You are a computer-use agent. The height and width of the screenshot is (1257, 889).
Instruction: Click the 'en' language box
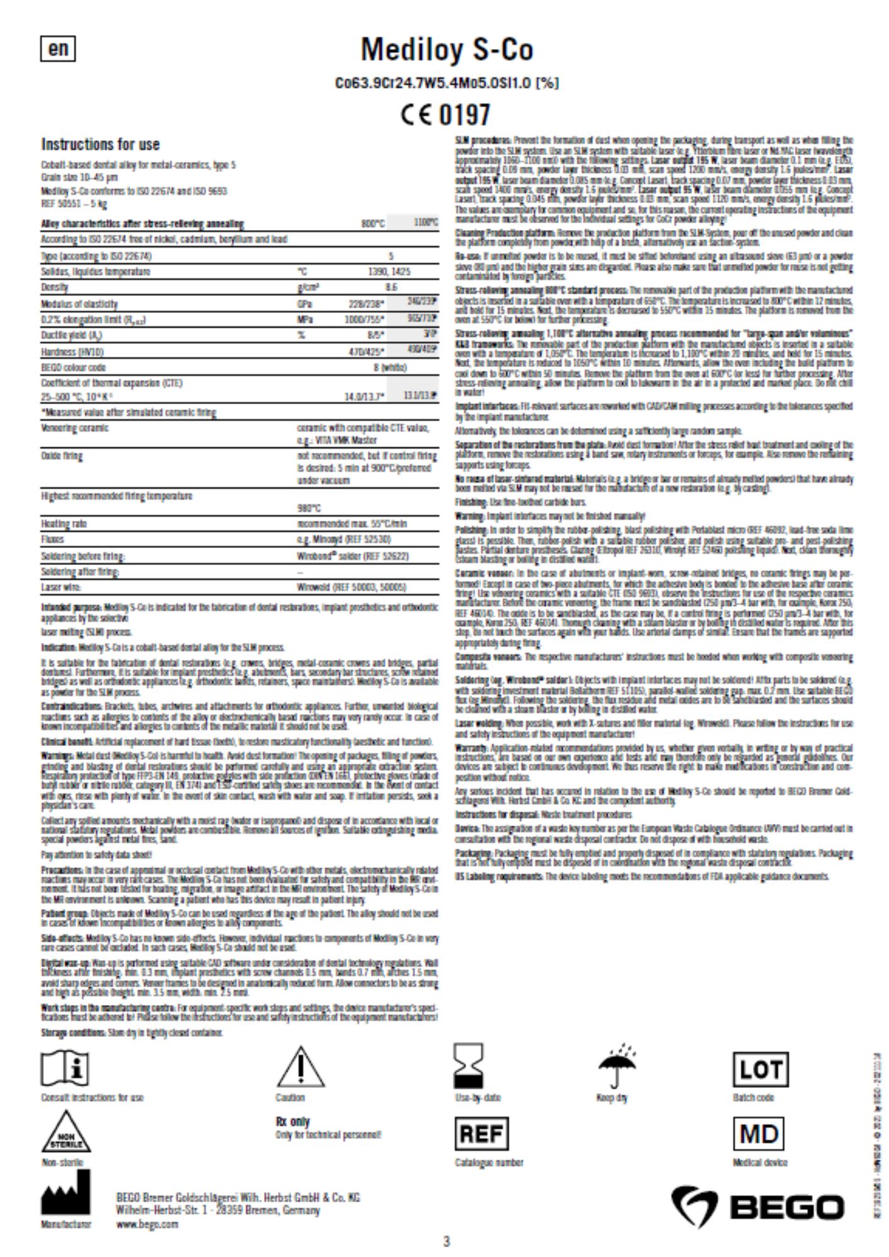click(x=58, y=48)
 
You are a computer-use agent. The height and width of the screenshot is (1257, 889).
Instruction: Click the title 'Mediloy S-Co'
click(x=446, y=50)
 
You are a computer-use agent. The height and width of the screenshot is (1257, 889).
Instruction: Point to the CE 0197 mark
click(x=445, y=114)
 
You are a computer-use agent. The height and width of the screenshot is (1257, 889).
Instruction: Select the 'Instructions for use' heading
click(x=101, y=145)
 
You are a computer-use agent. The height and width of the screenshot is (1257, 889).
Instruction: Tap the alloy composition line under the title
click(x=446, y=83)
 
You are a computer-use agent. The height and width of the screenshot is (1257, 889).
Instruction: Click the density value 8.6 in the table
click(x=391, y=287)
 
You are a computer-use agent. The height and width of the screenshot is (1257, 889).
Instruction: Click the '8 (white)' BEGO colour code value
click(x=390, y=367)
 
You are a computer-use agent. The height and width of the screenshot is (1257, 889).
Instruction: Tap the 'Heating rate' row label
click(x=64, y=524)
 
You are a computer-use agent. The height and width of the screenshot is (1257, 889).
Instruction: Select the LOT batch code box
click(x=760, y=1069)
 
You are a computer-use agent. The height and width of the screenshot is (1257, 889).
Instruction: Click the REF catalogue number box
click(x=481, y=1134)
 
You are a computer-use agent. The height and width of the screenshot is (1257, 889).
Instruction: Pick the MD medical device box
click(x=759, y=1134)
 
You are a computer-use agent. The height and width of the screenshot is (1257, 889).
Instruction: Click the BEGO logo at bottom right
click(x=758, y=1206)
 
